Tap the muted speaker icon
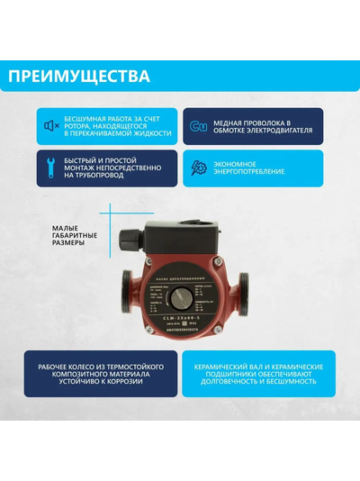pyautogui.click(x=52, y=125)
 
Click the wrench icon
pyautogui.click(x=52, y=168)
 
